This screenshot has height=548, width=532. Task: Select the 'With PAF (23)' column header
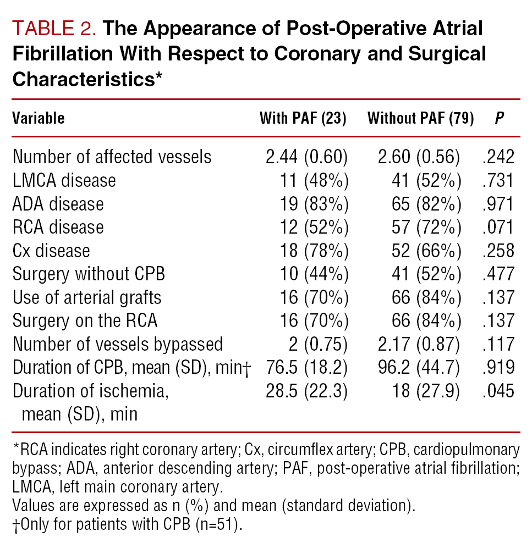coord(303,118)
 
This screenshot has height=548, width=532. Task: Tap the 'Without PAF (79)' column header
coord(420,118)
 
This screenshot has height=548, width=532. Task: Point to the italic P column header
coord(500,118)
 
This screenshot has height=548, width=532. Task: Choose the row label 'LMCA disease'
coord(64,180)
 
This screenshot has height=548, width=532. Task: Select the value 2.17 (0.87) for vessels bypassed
coord(420,344)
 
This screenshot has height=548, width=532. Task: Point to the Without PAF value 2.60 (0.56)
coord(420,157)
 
